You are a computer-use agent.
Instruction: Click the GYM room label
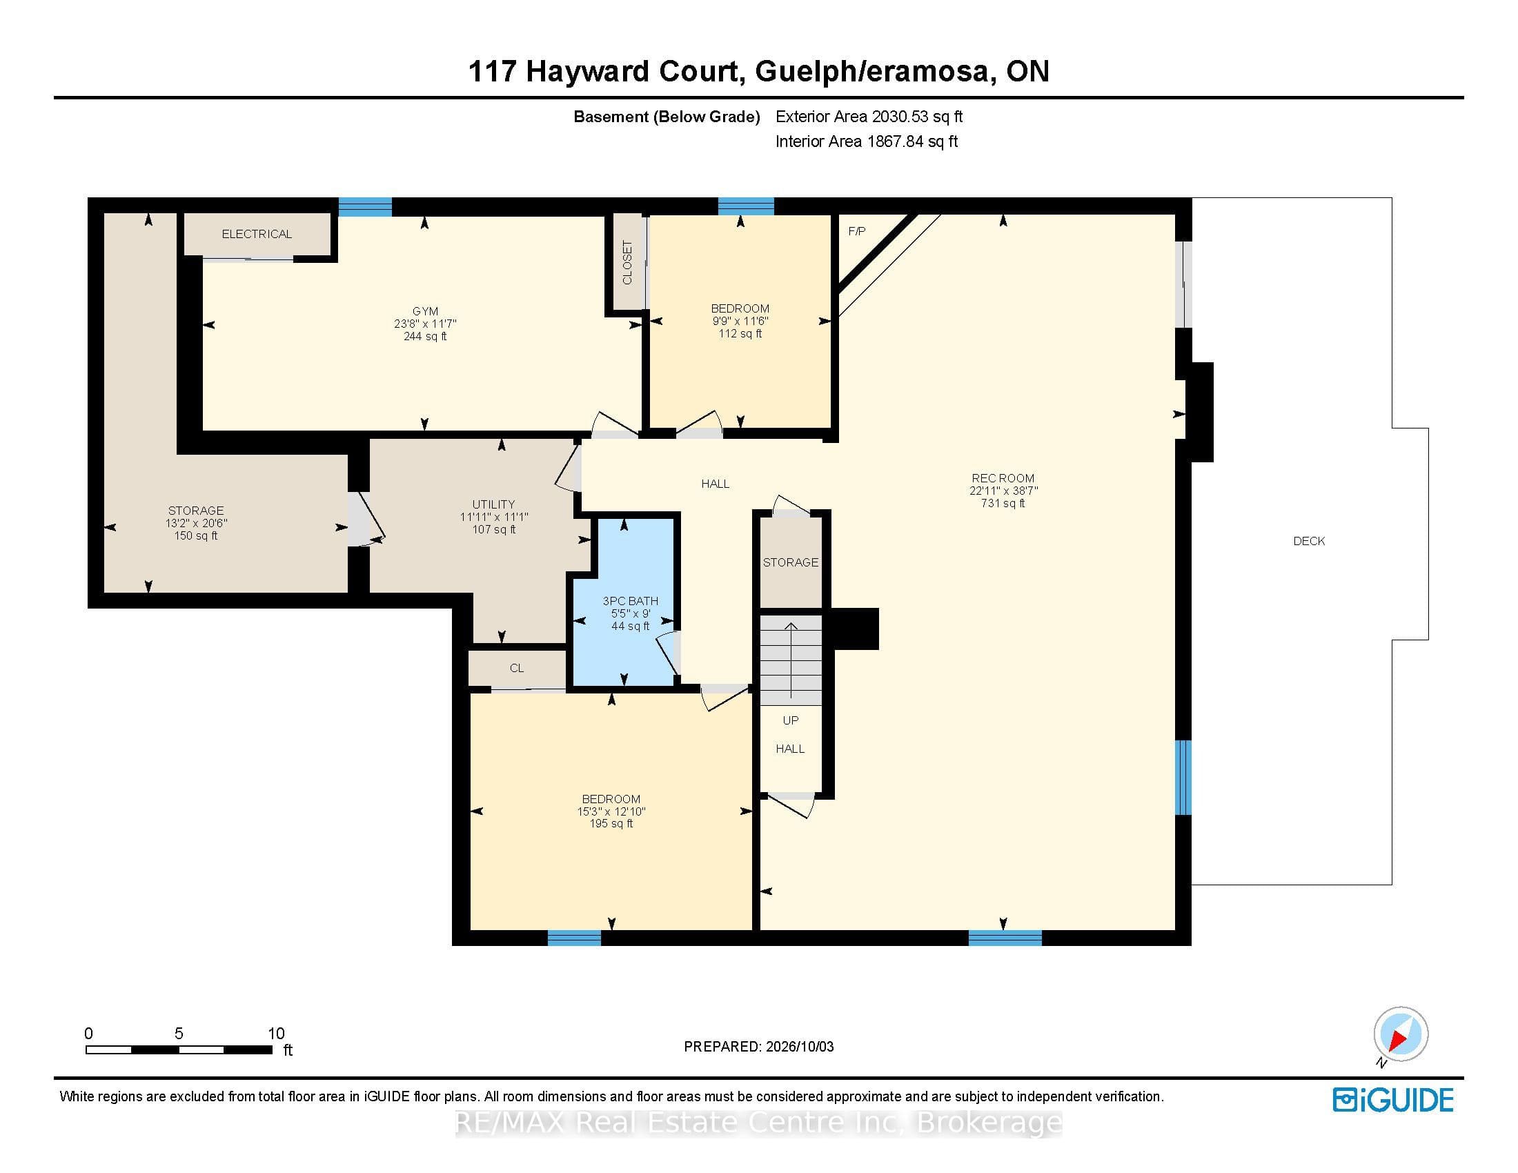click(424, 311)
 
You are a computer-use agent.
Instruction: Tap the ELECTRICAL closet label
click(257, 234)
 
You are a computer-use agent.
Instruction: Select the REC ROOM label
click(1003, 478)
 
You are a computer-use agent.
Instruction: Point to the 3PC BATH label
click(630, 601)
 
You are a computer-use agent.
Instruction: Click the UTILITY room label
click(493, 504)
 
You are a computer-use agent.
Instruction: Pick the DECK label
click(1309, 541)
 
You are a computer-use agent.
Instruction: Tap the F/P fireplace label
click(856, 231)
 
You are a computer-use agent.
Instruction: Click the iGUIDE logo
click(1393, 1100)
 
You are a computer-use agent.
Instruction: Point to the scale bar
click(179, 1050)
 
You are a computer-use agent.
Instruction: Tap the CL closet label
click(516, 668)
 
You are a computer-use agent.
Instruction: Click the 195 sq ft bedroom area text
click(611, 823)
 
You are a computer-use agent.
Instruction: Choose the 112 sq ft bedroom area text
click(740, 333)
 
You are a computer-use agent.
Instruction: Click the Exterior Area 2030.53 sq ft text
click(869, 117)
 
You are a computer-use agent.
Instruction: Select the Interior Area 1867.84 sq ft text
click(867, 141)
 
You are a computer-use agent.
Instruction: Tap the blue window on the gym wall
click(365, 206)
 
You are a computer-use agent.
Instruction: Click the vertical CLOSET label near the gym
click(627, 263)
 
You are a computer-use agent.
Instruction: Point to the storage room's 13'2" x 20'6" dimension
click(196, 523)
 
